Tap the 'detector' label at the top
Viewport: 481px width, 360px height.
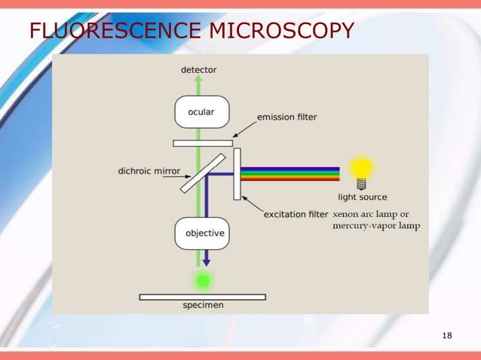point(199,70)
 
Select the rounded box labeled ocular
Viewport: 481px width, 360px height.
point(201,112)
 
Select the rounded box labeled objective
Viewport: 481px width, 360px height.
point(201,233)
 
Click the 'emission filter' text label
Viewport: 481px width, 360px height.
point(287,117)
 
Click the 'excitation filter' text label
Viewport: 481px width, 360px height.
point(296,215)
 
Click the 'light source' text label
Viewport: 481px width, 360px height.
point(363,197)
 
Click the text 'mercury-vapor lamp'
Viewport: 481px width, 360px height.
point(377,225)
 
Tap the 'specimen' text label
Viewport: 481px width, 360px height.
point(203,306)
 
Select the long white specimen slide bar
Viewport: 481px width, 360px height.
point(203,297)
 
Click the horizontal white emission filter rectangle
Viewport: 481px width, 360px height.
point(203,143)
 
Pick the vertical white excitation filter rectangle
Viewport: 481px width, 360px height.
point(237,174)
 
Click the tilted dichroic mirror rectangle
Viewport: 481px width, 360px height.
point(201,174)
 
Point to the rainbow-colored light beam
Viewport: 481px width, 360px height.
point(290,174)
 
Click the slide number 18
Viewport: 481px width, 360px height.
point(447,335)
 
